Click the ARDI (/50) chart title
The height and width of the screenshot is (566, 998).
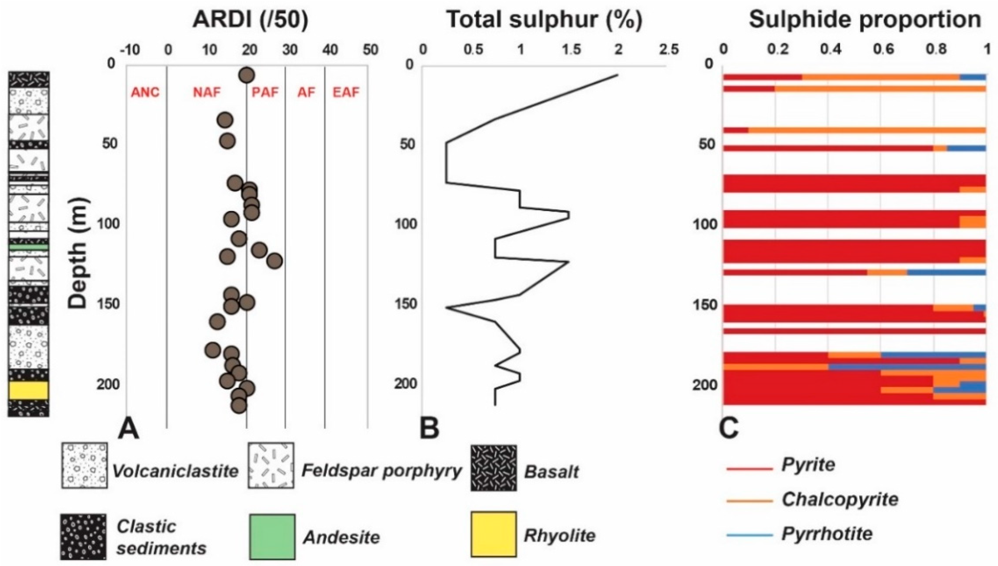(x=250, y=20)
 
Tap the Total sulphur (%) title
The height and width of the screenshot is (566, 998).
(x=544, y=20)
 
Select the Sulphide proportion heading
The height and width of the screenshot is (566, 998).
(x=865, y=20)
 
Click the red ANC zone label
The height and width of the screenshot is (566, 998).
(x=146, y=93)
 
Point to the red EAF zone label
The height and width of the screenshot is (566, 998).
(x=346, y=93)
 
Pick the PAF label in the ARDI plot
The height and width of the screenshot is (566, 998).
(x=265, y=93)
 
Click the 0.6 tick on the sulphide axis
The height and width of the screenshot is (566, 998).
(x=882, y=50)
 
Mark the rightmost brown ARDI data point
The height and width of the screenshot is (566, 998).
(x=275, y=261)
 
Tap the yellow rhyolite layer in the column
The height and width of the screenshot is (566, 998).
(x=29, y=390)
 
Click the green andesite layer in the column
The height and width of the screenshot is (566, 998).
(x=29, y=247)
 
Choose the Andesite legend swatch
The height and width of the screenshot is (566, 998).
(x=272, y=536)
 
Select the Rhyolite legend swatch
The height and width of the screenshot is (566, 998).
(x=494, y=534)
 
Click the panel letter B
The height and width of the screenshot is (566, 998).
(x=430, y=429)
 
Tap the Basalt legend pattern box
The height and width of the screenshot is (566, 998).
(x=494, y=468)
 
